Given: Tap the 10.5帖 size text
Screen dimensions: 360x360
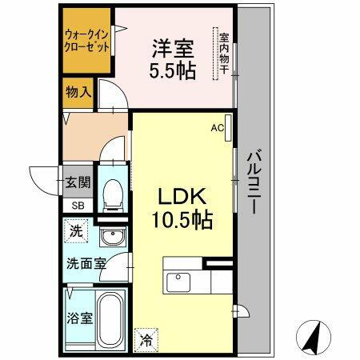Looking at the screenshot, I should coord(184,221).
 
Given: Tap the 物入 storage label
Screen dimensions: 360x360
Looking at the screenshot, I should coord(78,92).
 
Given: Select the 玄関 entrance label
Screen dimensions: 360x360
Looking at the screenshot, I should coord(78,183).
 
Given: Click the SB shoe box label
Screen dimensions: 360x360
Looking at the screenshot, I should coord(78,205).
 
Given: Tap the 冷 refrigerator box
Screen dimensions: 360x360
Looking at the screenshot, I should coord(148,338).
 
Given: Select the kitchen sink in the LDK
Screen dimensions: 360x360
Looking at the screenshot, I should coord(176,281).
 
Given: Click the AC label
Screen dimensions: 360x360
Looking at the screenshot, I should coord(217,126).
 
